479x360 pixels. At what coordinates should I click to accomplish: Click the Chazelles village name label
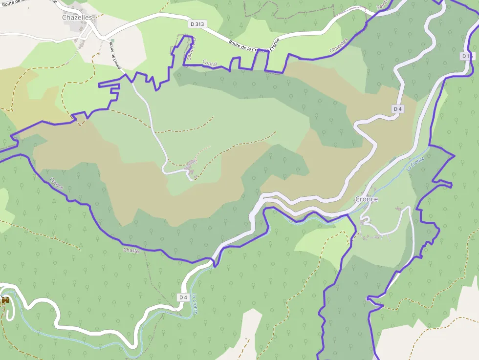(78, 18)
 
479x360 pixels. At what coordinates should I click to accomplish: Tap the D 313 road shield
(196, 23)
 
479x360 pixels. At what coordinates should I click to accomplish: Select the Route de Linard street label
(115, 55)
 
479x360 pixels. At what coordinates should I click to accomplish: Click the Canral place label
(210, 63)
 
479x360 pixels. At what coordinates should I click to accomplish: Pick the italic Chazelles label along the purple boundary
(339, 46)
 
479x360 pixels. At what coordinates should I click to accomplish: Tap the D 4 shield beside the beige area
(397, 109)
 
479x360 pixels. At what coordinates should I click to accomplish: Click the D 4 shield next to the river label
(183, 297)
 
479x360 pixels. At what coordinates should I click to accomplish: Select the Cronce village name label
(367, 199)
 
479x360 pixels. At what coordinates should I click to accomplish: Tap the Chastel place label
(132, 251)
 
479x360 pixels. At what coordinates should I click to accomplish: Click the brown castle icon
(5, 300)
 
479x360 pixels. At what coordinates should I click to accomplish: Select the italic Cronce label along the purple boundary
(57, 184)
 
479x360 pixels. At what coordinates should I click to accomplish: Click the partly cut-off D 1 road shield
(467, 56)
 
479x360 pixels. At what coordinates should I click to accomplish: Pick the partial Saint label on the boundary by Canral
(191, 49)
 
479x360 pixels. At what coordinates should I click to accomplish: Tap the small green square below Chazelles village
(112, 41)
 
